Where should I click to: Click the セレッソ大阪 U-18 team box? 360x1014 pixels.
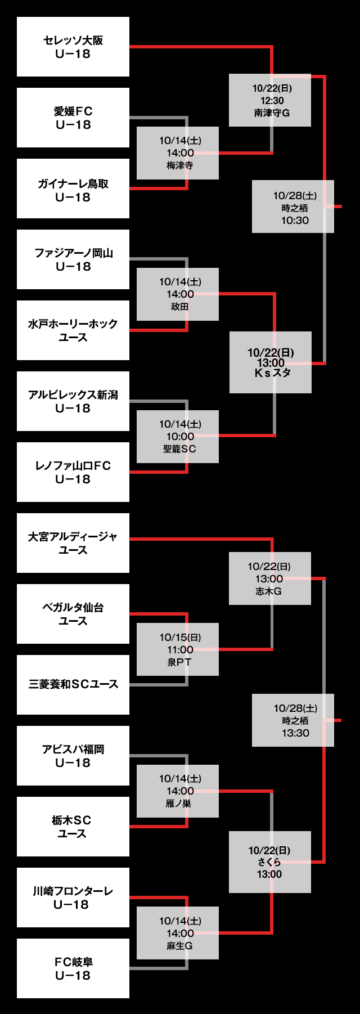pos(73,47)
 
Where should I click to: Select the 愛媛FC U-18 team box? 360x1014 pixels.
pos(73,118)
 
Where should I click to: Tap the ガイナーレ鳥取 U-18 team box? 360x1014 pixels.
pos(73,189)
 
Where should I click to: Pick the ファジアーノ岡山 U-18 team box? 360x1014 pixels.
pos(73,259)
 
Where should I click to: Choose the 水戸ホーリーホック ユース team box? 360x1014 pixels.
pos(73,330)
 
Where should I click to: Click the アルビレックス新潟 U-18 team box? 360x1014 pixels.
pos(73,401)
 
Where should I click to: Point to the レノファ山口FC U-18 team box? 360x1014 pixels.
pos(73,472)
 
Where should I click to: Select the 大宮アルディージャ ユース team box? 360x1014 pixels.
pos(73,543)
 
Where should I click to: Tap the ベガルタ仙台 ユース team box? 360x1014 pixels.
pos(73,614)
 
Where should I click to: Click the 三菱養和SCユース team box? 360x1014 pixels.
pos(73,685)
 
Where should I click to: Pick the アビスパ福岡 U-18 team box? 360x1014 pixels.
pos(73,756)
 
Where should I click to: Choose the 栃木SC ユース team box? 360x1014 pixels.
pos(73,827)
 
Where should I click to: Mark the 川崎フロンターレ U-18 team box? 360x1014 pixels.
pos(73,898)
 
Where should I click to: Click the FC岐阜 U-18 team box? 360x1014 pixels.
pos(73,968)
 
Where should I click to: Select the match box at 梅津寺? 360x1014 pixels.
pos(178,153)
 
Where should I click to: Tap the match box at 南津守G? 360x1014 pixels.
pos(270,100)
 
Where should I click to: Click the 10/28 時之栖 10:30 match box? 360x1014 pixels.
pos(293,207)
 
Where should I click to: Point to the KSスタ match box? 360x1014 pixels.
pos(271,362)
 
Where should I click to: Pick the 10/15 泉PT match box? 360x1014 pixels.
pos(178,649)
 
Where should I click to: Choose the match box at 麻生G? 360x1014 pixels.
pos(178,933)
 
